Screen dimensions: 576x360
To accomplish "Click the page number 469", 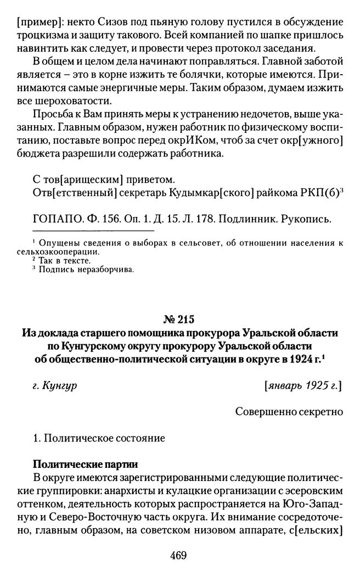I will [179, 555].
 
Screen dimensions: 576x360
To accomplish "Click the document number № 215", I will [180, 319].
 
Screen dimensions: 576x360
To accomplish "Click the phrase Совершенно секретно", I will [289, 410].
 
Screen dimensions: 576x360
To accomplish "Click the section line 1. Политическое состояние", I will [98, 438].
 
